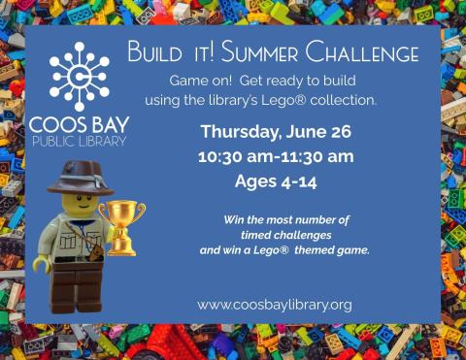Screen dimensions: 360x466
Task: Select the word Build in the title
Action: [x=154, y=51]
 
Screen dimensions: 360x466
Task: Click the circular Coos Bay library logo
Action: [x=80, y=76]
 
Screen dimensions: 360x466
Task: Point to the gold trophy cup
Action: [x=122, y=226]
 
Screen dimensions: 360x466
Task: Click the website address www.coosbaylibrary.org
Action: [x=275, y=304]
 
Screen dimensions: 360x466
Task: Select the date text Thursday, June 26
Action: [x=274, y=134]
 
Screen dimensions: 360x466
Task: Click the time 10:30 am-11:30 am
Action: [x=275, y=156]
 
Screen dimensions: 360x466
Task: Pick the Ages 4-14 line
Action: [x=275, y=180]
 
